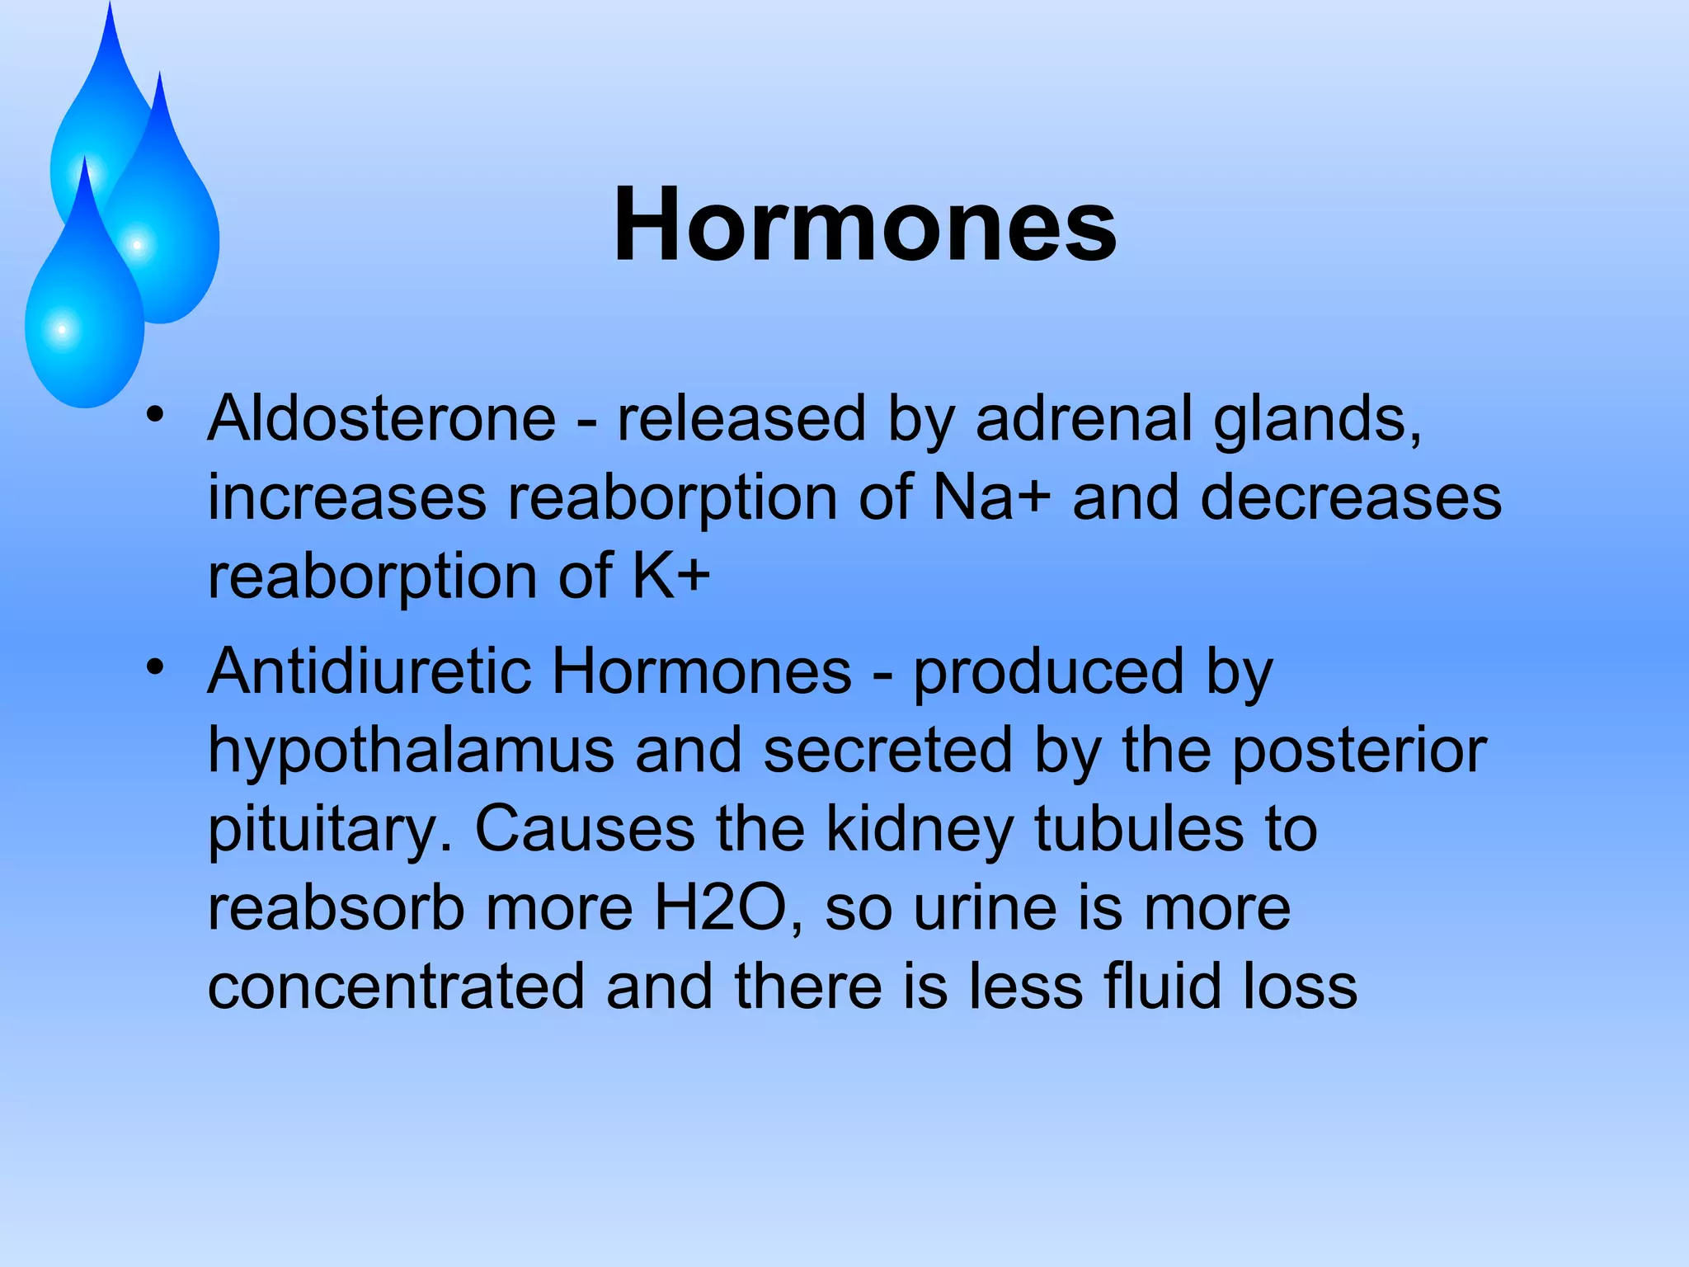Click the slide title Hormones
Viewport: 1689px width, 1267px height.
[x=864, y=225]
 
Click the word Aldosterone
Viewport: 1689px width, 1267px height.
[x=382, y=418]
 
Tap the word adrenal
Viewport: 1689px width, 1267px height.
[x=1084, y=418]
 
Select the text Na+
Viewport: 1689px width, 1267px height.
[x=992, y=497]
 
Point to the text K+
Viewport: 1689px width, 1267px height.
[x=670, y=576]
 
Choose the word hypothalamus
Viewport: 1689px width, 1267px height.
[x=411, y=751]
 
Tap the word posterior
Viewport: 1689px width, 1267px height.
[x=1359, y=751]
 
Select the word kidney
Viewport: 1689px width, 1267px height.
[x=919, y=829]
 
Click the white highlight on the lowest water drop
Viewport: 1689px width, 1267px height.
[x=62, y=330]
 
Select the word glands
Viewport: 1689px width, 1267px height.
[x=1317, y=418]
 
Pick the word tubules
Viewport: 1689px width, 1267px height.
[x=1138, y=829]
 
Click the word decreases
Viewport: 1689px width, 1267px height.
[x=1351, y=497]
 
